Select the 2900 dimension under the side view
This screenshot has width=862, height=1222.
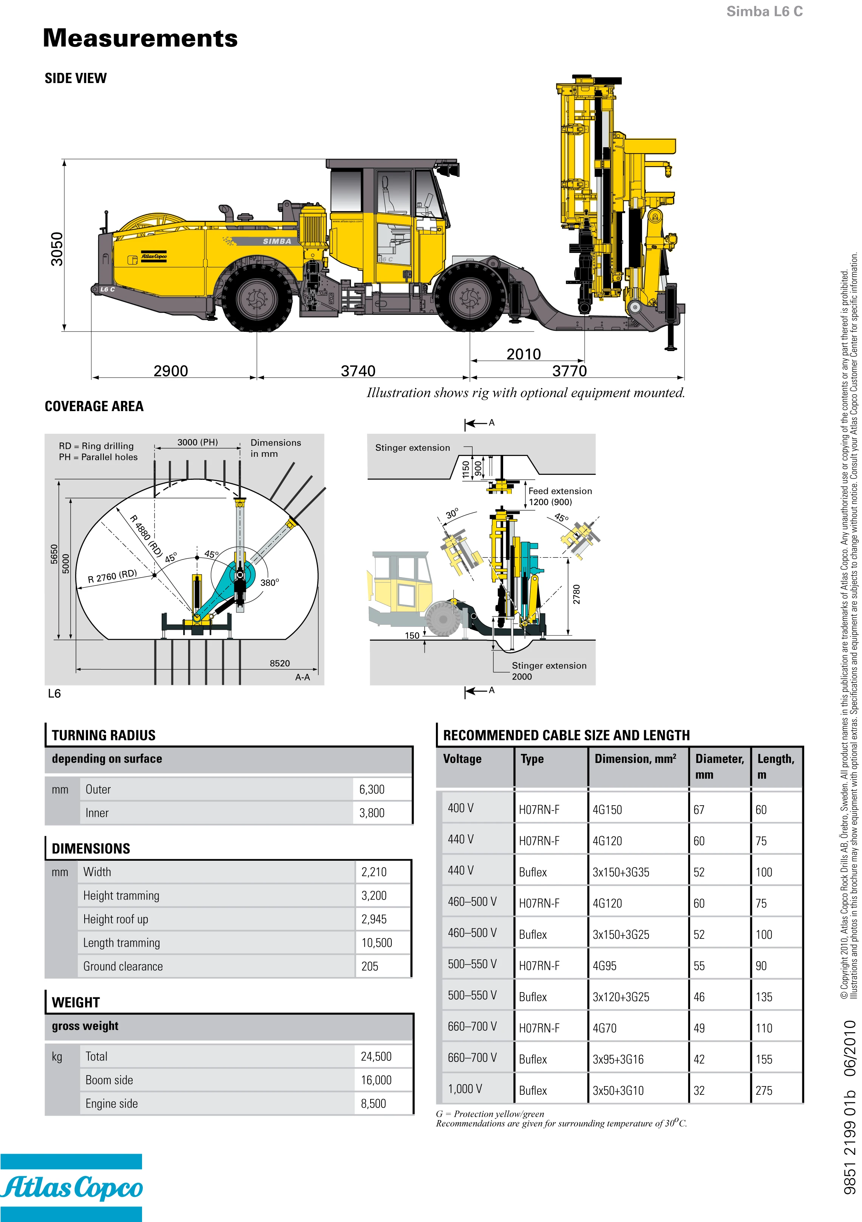[170, 371]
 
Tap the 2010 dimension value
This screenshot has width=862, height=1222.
[524, 354]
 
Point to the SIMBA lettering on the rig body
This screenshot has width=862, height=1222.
[277, 241]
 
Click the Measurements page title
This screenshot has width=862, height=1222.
[140, 39]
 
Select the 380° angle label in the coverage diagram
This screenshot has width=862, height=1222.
[269, 582]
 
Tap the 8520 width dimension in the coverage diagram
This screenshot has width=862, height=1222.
[280, 663]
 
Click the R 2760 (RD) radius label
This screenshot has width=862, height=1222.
[112, 576]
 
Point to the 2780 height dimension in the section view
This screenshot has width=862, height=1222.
[576, 594]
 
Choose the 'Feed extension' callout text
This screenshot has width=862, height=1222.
[559, 491]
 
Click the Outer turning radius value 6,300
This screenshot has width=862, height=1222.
[372, 789]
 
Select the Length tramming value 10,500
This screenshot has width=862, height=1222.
[377, 943]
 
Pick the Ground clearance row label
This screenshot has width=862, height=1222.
[123, 966]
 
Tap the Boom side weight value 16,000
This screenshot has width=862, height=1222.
[376, 1080]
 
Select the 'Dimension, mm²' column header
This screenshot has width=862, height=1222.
[635, 758]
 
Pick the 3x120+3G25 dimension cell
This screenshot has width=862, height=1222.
[621, 997]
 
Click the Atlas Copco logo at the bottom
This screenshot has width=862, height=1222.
[71, 1188]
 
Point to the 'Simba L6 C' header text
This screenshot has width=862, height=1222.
[764, 11]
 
